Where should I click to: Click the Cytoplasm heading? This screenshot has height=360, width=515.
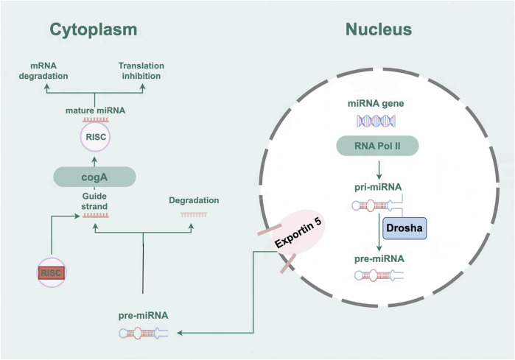pos(94,30)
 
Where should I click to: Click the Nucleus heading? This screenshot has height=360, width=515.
pos(379,29)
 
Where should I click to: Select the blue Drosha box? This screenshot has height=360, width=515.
pos(404,228)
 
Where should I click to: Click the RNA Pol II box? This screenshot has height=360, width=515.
pos(377,146)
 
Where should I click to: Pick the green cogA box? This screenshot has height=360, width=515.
pos(94,177)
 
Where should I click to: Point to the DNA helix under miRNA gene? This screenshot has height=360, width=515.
pos(376,121)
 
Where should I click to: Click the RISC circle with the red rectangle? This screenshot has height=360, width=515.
pos(52,272)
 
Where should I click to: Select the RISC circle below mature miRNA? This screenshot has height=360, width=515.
pos(95,137)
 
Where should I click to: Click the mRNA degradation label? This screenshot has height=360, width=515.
pos(43,71)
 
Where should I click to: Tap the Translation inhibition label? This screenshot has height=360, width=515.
pos(141,71)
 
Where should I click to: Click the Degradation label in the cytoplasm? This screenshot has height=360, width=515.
pos(194,200)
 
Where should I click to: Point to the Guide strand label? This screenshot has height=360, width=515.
pos(94,201)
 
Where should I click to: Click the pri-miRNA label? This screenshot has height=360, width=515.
pos(378,187)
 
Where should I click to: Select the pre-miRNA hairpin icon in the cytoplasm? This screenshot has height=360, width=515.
pos(144,333)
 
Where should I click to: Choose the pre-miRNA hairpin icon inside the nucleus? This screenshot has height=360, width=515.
pos(379,275)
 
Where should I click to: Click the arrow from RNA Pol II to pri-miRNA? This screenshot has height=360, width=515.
pos(379,170)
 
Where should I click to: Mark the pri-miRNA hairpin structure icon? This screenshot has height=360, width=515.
pos(378,205)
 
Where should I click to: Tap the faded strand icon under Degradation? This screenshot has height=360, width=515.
pos(194,215)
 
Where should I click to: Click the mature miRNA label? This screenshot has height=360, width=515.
pos(95,110)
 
